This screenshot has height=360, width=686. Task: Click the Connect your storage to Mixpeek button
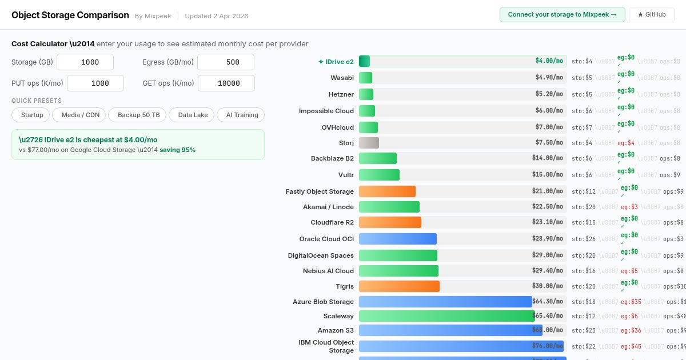(562, 15)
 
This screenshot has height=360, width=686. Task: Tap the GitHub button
(651, 15)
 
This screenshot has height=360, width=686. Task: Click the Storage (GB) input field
(85, 62)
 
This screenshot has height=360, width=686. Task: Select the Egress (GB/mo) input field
(226, 62)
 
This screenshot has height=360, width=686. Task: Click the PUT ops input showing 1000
(95, 83)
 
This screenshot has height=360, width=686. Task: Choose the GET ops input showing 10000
(226, 83)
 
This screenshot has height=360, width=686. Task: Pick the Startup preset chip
(31, 115)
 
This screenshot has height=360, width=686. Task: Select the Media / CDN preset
(80, 115)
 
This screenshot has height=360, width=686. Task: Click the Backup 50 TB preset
(138, 115)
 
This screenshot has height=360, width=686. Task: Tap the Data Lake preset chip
(193, 115)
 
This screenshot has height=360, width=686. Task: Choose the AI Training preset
(242, 115)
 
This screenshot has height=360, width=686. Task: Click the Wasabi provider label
(342, 78)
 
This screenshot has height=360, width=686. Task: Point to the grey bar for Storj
(369, 143)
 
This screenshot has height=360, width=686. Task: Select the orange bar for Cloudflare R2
(390, 222)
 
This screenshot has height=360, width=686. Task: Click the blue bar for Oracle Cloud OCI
(398, 239)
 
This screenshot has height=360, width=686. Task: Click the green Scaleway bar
(446, 316)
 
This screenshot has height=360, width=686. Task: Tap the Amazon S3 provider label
(336, 330)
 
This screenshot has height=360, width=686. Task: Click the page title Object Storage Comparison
(70, 15)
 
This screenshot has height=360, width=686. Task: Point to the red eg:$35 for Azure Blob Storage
(631, 302)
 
